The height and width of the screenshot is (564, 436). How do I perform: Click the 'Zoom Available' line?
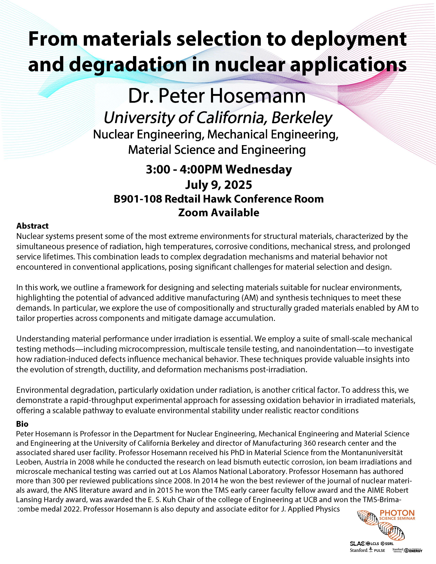(x=219, y=213)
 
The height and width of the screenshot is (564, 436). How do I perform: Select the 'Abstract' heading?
(x=32, y=226)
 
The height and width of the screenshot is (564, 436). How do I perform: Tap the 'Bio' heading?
(x=22, y=424)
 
